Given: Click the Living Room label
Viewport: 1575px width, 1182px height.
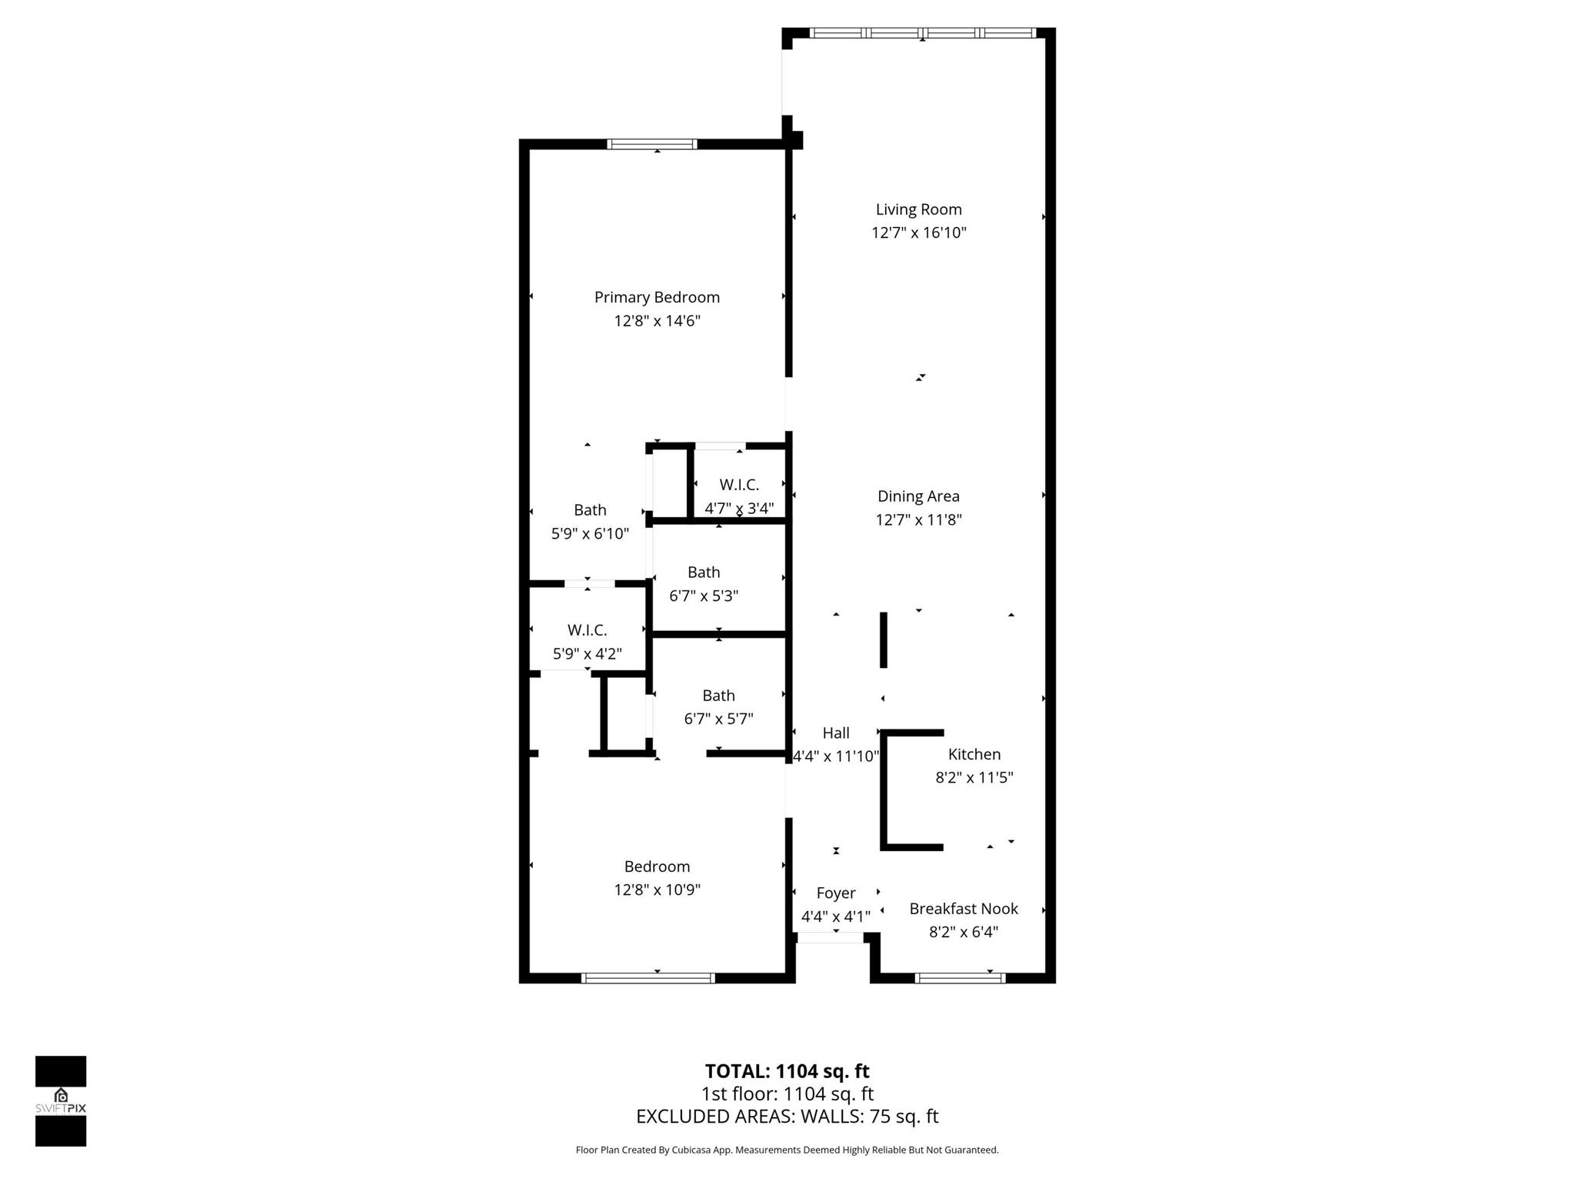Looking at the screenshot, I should pos(918,209).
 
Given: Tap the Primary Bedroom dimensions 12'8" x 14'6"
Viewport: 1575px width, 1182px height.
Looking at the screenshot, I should pos(657,321).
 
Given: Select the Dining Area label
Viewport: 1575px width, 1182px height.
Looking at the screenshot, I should pos(918,496).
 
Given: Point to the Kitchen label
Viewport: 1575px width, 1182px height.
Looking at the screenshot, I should pos(974,754).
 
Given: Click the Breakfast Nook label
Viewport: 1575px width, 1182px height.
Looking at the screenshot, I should pos(963,909).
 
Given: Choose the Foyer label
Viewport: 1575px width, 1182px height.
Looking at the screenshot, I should pos(835,893).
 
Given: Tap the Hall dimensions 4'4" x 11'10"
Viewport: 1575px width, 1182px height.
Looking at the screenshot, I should pos(836,756).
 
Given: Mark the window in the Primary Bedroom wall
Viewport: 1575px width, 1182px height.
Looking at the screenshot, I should pos(652,144).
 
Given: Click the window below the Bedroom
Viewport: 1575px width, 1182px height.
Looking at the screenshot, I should pos(648,978).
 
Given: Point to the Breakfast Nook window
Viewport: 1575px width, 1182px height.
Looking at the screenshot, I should pos(960,978).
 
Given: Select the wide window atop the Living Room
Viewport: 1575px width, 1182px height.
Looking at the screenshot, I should pos(922,33).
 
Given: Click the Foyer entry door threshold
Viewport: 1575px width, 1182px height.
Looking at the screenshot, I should pos(830,937).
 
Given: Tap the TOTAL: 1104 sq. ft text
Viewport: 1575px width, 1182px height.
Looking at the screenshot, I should pos(787,1071).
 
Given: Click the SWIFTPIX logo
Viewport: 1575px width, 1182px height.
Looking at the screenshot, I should pos(61,1100).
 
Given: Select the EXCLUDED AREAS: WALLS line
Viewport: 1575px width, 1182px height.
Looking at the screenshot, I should pos(787,1117).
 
